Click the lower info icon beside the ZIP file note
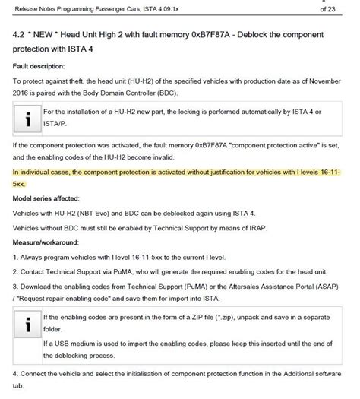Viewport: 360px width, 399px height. coord(27,325)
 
